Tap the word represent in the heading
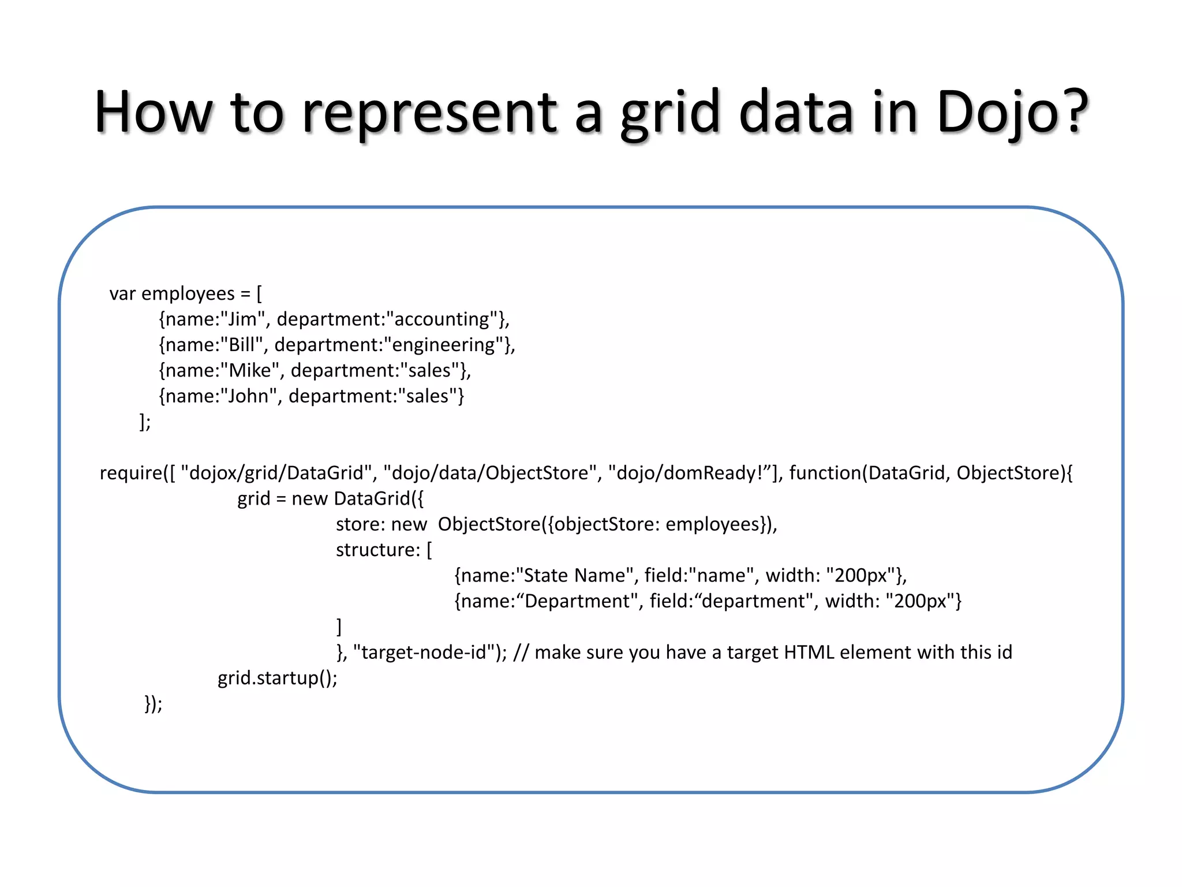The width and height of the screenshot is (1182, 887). click(x=430, y=113)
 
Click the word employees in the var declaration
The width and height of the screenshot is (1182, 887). click(x=188, y=294)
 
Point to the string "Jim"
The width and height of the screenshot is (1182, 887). click(x=242, y=319)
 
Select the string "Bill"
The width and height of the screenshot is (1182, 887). click(x=242, y=345)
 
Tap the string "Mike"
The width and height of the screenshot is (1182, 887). click(x=250, y=370)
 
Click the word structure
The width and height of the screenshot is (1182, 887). click(x=377, y=550)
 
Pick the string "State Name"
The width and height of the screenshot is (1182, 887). click(x=575, y=576)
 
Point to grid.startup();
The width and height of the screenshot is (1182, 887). click(x=277, y=678)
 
